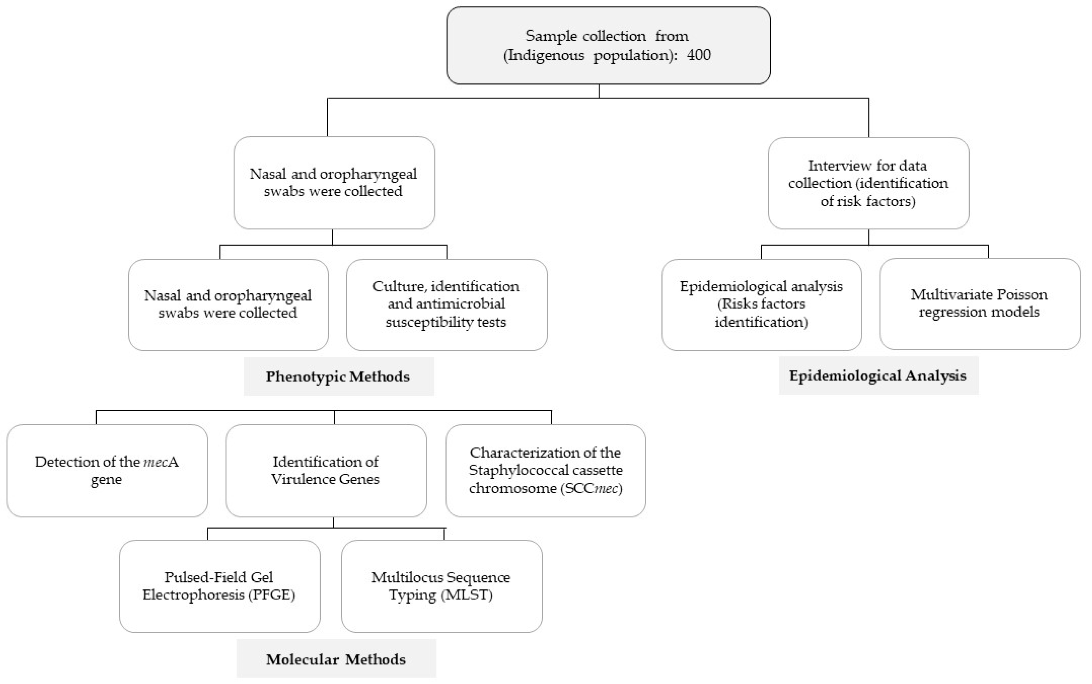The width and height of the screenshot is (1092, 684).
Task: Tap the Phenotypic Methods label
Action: pyautogui.click(x=338, y=376)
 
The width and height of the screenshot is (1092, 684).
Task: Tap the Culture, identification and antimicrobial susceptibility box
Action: pyautogui.click(x=447, y=304)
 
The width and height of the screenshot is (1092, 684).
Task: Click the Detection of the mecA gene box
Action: pyautogui.click(x=107, y=470)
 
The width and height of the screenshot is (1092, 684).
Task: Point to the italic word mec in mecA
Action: pyautogui.click(x=155, y=462)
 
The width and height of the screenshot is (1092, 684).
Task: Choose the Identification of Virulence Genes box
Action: pyautogui.click(x=326, y=470)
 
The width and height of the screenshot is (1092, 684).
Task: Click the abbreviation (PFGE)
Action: pyautogui.click(x=271, y=594)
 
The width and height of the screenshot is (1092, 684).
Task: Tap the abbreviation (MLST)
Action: pyautogui.click(x=466, y=594)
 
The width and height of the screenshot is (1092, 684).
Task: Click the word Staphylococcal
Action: pyautogui.click(x=516, y=470)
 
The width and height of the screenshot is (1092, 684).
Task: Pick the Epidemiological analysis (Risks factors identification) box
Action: pyautogui.click(x=761, y=304)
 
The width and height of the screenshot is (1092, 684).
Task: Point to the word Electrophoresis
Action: pyautogui.click(x=194, y=594)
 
